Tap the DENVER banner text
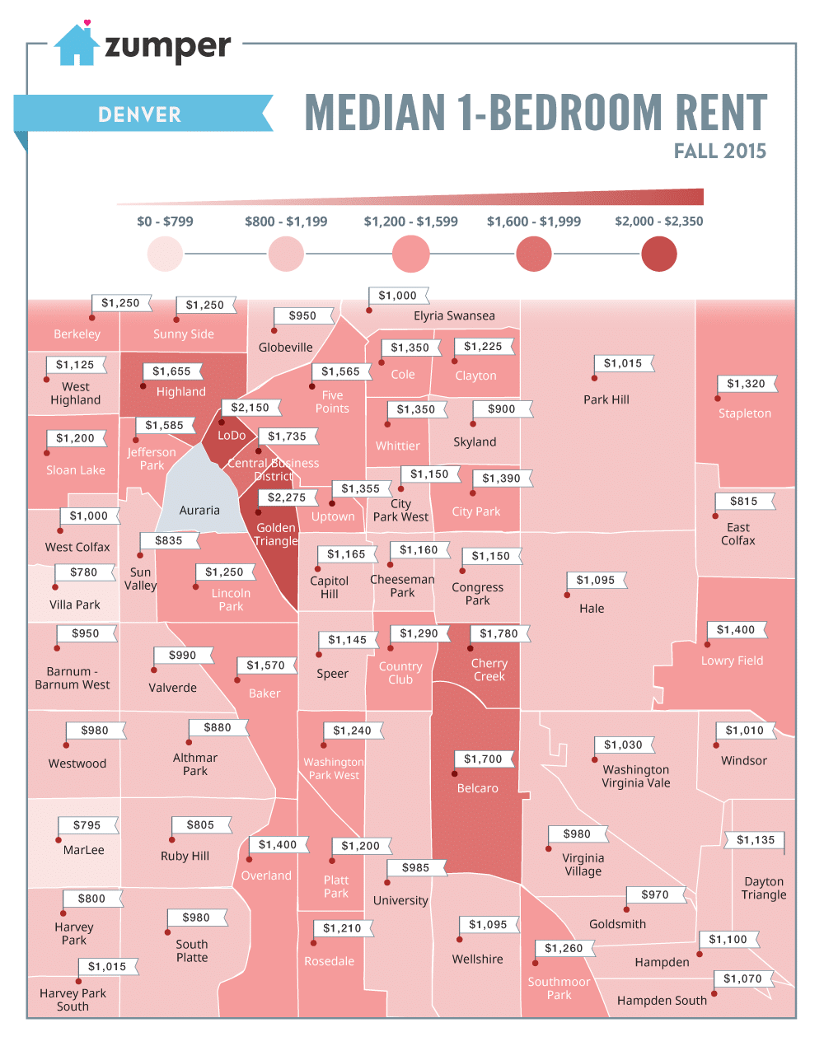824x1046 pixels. [139, 114]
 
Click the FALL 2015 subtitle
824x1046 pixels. [719, 152]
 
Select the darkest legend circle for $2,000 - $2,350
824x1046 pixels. [658, 254]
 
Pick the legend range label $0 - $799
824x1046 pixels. [165, 222]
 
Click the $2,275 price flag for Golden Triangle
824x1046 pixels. [286, 497]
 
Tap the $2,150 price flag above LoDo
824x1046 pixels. [250, 408]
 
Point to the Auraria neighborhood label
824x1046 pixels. [199, 511]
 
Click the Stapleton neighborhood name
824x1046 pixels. [744, 413]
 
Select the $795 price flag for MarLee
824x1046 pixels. [87, 825]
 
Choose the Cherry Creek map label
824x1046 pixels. [489, 670]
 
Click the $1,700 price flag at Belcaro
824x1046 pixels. [483, 759]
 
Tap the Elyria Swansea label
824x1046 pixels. [454, 316]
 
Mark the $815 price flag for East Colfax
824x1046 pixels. [743, 501]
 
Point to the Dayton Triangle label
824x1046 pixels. [763, 888]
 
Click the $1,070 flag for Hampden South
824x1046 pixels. [742, 978]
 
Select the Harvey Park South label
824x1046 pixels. [73, 1000]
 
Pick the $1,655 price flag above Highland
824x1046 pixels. [171, 371]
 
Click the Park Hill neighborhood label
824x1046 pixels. [606, 399]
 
